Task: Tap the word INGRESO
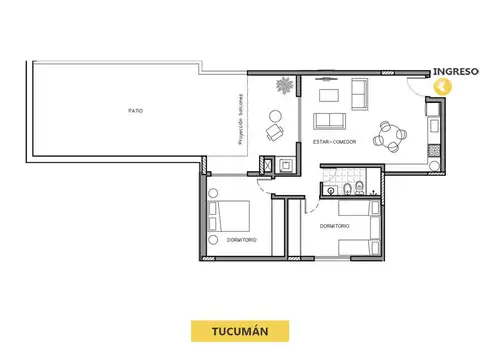(454, 71)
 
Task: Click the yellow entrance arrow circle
(444, 86)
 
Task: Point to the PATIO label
(134, 110)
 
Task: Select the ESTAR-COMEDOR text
(334, 142)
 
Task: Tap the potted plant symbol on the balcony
(285, 86)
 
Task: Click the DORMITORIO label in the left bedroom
(242, 241)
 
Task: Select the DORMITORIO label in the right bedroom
(335, 226)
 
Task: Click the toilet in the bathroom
(344, 188)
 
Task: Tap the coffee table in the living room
(327, 99)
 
